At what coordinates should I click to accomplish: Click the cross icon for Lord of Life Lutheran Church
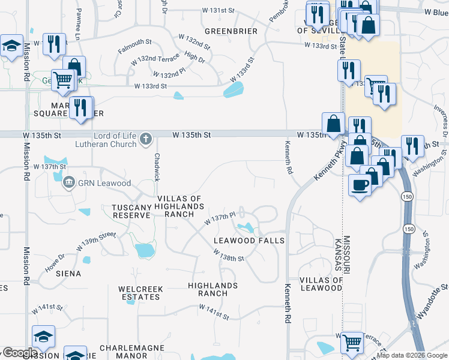(x=145, y=140)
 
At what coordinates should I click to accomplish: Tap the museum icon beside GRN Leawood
(x=69, y=182)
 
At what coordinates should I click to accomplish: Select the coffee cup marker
(x=360, y=185)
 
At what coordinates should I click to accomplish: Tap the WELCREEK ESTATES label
(x=141, y=293)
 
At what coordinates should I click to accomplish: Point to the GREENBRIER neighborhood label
(x=231, y=31)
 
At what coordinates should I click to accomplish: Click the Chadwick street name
(x=157, y=167)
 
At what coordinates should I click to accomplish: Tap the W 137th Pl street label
(x=223, y=218)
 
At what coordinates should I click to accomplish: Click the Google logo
(x=20, y=353)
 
